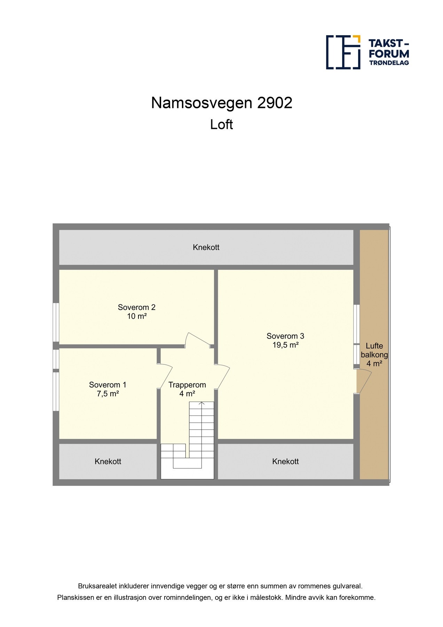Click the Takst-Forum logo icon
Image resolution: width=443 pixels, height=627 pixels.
point(343,52)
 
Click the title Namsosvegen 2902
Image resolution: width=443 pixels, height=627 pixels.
point(221,103)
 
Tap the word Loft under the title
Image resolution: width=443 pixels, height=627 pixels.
point(221,125)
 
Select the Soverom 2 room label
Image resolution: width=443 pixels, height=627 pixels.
point(136,307)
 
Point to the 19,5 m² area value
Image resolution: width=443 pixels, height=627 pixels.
point(285,345)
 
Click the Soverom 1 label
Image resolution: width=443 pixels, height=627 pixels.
point(108,385)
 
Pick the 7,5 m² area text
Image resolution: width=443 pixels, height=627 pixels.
point(108,394)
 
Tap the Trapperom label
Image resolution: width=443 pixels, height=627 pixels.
point(187,385)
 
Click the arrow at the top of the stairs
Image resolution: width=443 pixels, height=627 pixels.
point(201,404)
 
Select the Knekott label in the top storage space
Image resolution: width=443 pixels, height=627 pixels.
point(206,247)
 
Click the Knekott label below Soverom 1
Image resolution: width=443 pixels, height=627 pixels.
point(108,462)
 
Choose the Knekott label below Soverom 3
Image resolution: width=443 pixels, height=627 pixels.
point(285,462)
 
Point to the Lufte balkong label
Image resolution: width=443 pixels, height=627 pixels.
point(374,350)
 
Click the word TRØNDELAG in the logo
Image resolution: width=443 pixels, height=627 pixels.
point(389,63)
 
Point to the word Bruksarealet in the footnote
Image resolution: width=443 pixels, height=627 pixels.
point(97,586)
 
